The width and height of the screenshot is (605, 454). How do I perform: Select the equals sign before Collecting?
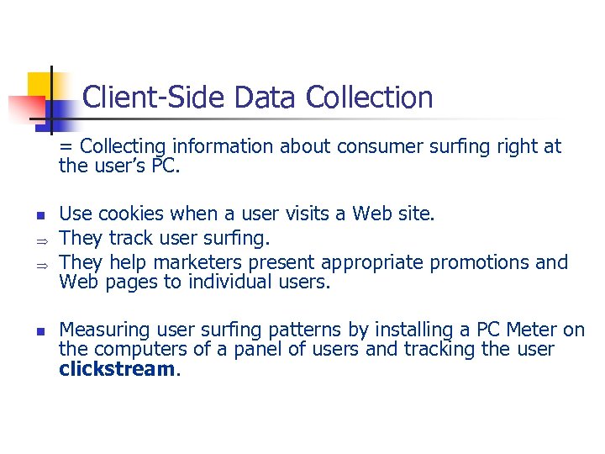pos(64,147)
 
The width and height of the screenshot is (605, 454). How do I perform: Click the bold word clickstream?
pos(116,369)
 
